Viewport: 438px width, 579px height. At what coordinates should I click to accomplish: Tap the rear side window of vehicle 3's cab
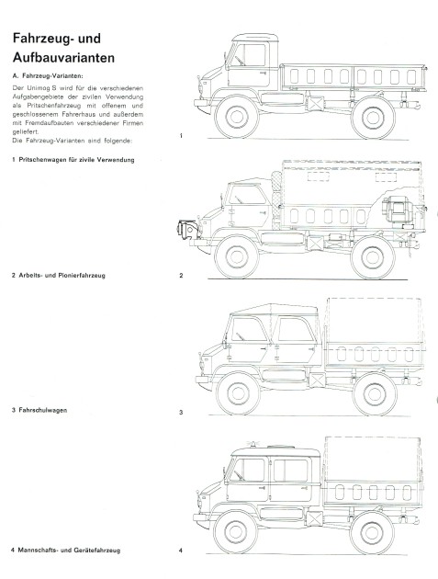point(295,335)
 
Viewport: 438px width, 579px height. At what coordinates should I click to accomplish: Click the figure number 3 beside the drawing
point(181,413)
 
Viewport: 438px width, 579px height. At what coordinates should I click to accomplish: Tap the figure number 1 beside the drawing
point(181,136)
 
